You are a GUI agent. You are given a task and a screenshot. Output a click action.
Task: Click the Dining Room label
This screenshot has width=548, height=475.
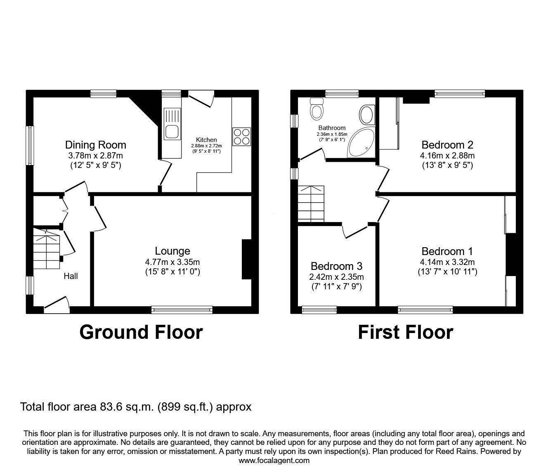95,145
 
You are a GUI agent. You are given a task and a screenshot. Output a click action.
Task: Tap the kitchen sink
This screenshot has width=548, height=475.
172,124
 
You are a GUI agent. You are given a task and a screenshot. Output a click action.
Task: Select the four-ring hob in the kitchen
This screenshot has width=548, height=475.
241,137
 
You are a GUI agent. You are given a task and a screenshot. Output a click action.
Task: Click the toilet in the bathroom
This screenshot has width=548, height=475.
317,108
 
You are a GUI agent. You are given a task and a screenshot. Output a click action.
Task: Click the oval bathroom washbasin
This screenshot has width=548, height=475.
366,114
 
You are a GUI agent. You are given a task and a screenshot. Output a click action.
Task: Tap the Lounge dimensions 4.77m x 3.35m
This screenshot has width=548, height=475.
172,262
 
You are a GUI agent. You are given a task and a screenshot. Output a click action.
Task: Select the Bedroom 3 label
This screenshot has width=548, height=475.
336,266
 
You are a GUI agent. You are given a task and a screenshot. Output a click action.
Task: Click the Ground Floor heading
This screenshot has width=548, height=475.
141,332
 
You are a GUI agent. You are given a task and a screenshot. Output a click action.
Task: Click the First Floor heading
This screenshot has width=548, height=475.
405,332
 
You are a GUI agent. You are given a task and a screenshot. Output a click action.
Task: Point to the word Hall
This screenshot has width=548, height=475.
71,276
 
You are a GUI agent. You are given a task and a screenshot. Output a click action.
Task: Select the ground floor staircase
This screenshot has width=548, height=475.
47,248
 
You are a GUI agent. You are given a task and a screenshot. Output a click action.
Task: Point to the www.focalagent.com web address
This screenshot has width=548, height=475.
274,461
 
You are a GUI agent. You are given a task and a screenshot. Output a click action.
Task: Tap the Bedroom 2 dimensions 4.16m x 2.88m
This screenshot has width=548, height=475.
447,156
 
